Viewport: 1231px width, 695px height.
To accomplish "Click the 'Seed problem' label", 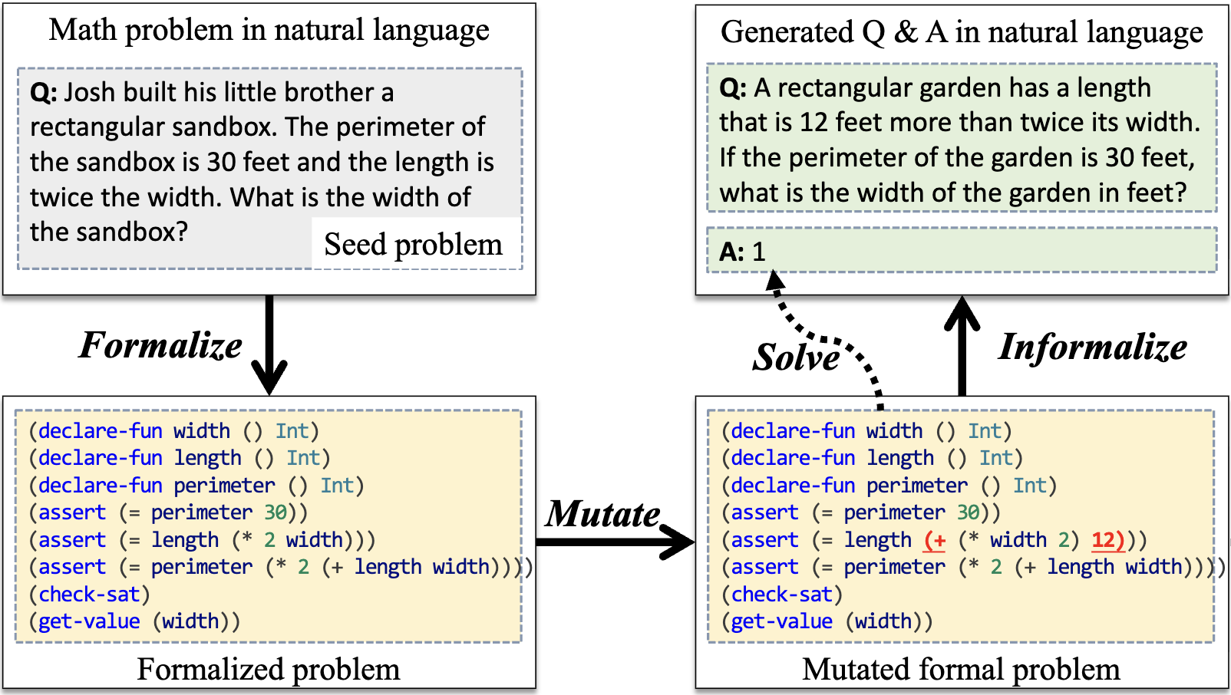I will coord(413,245).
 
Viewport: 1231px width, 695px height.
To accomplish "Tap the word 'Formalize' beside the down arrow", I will coord(160,345).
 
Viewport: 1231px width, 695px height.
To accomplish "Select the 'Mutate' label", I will coord(602,514).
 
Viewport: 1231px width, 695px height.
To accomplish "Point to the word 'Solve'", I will coord(796,357).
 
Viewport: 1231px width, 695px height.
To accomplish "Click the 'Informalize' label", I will coord(1092,347).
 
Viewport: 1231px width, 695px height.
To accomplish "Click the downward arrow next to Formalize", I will coord(269,345).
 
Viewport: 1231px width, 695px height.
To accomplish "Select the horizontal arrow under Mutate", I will coord(614,542).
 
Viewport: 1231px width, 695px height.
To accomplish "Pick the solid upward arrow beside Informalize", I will coord(962,345).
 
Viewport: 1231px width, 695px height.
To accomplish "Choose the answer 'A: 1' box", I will coord(961,251).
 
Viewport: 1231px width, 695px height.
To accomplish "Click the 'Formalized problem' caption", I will coord(269,670).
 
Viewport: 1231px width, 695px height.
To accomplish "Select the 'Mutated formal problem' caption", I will coord(961,670).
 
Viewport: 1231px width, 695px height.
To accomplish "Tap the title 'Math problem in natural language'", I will coord(269,31).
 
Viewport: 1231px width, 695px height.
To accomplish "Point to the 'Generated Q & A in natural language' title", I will coord(962,32).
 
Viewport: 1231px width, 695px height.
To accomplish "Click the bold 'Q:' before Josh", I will coord(43,93).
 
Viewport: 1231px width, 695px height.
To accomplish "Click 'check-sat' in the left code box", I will coord(89,595).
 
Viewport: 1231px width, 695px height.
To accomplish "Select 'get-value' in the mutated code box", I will coord(781,621).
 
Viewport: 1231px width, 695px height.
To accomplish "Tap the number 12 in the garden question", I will coord(814,123).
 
